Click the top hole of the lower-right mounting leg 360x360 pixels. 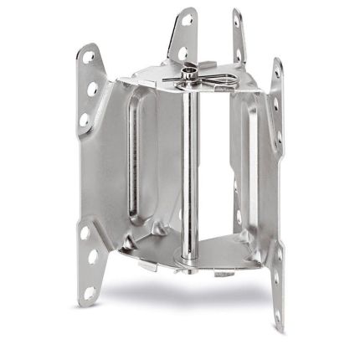tap(277, 243)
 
